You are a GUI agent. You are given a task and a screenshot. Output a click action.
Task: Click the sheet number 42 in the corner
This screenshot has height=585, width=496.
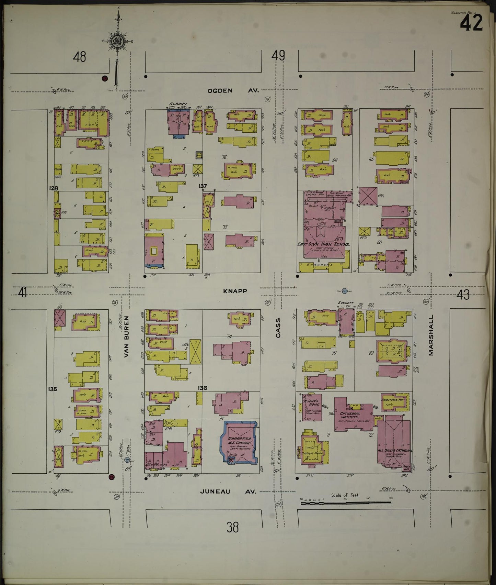(x=471, y=23)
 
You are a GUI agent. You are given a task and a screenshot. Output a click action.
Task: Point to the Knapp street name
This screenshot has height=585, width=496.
(x=235, y=291)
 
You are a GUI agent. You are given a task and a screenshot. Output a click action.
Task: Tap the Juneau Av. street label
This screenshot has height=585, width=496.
(x=228, y=492)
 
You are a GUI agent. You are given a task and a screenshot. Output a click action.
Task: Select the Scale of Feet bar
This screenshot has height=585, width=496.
(x=345, y=503)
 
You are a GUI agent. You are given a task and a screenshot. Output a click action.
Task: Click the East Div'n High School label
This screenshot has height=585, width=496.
(x=323, y=244)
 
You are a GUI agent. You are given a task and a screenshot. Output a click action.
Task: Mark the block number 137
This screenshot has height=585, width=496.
(x=203, y=186)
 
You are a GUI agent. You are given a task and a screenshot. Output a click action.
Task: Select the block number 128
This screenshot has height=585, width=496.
(x=54, y=188)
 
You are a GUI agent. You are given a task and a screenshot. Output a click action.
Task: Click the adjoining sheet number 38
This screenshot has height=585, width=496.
(x=232, y=527)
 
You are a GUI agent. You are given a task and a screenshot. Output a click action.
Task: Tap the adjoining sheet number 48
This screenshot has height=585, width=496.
(x=79, y=56)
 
